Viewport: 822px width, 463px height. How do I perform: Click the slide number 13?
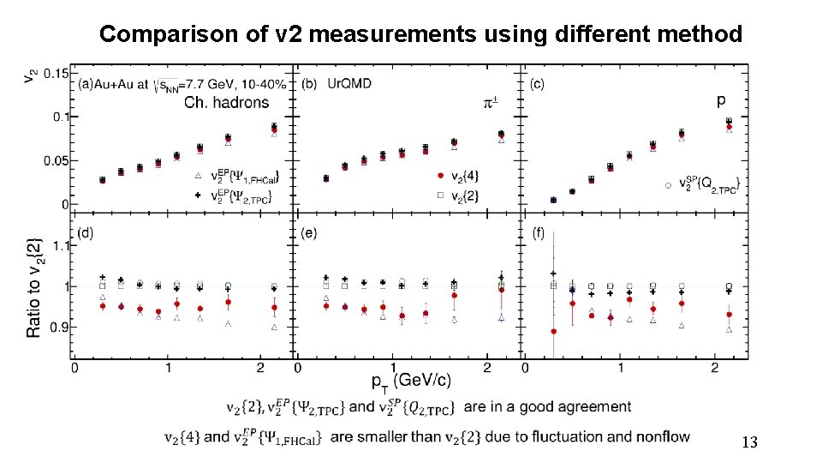coord(749,443)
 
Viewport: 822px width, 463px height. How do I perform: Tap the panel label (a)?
coord(86,85)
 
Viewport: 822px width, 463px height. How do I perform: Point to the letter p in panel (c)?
coord(721,100)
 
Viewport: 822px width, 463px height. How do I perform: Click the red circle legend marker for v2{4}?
coord(440,176)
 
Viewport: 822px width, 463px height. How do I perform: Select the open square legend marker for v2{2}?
coord(440,195)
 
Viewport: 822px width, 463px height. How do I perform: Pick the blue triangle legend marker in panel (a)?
coord(198,176)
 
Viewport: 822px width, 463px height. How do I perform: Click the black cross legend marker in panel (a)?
coord(198,195)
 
